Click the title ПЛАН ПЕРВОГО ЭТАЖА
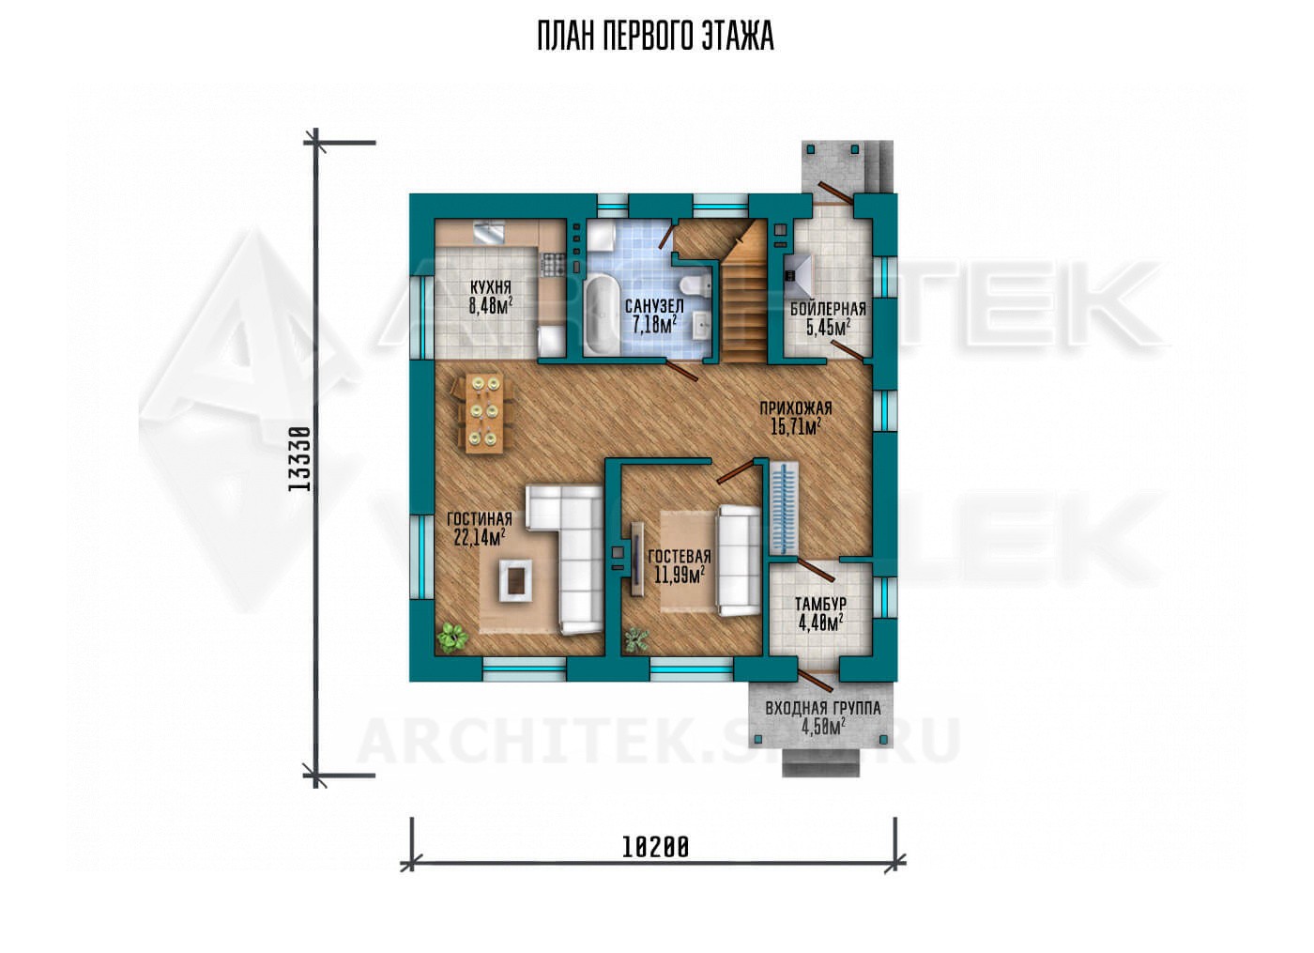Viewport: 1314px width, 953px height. click(656, 37)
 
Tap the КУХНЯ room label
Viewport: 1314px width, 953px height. click(491, 287)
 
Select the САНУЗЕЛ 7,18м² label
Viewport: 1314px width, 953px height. click(654, 315)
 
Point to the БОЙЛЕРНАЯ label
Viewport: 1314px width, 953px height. click(828, 309)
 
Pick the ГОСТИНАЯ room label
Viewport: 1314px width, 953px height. click(480, 519)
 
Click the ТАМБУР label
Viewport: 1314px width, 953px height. click(820, 604)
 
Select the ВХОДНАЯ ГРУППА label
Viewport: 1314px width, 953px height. click(823, 709)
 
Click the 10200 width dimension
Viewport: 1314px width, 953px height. click(655, 847)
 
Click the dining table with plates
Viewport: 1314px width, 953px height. click(484, 414)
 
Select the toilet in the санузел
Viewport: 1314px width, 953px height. click(696, 286)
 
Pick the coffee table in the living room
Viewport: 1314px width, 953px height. click(515, 580)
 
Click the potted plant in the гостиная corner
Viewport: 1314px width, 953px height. click(451, 638)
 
